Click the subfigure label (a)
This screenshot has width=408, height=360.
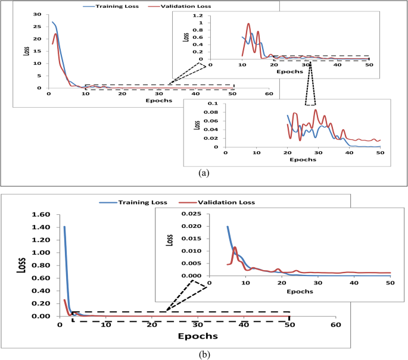[204, 173]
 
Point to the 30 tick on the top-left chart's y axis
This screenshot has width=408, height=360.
[38, 14]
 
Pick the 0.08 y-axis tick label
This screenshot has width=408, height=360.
[211, 112]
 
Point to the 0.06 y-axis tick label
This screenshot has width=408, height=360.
[211, 121]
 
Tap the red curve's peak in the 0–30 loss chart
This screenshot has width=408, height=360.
[55, 34]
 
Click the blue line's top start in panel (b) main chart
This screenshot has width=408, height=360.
[64, 227]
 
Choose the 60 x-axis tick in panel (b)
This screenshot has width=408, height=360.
[335, 324]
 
